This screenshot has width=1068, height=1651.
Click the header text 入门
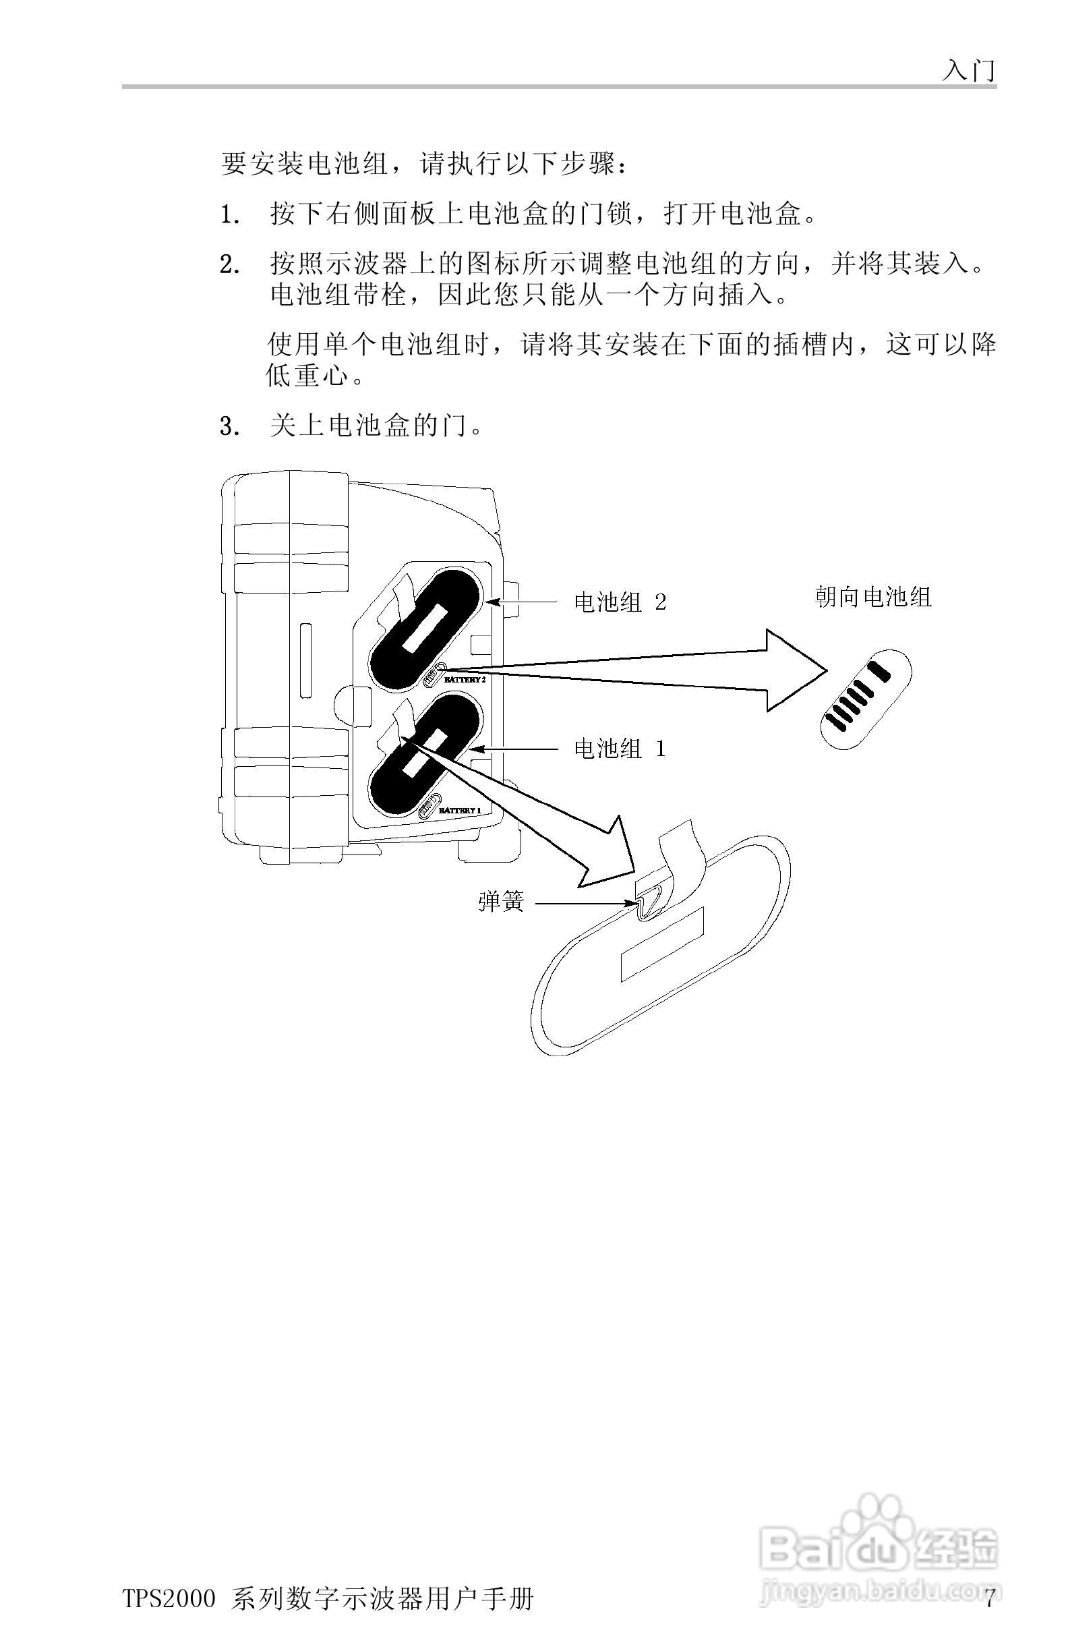pos(968,69)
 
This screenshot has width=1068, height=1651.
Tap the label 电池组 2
pos(620,602)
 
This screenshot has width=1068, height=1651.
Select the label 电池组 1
pos(620,749)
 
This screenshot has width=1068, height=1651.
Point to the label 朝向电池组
pos(872,598)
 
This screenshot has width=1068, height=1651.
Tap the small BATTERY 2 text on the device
pos(465,680)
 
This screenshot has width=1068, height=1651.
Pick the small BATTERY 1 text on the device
pos(460,810)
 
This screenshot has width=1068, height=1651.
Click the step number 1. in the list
pos(229,216)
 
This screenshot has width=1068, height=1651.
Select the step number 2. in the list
pos(229,266)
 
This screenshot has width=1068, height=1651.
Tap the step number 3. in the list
pos(229,427)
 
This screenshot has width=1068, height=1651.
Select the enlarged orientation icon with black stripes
pos(866,699)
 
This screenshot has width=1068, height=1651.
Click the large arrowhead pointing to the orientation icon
pos(794,670)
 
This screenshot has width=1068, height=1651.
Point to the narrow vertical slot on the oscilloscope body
pos(305,659)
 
